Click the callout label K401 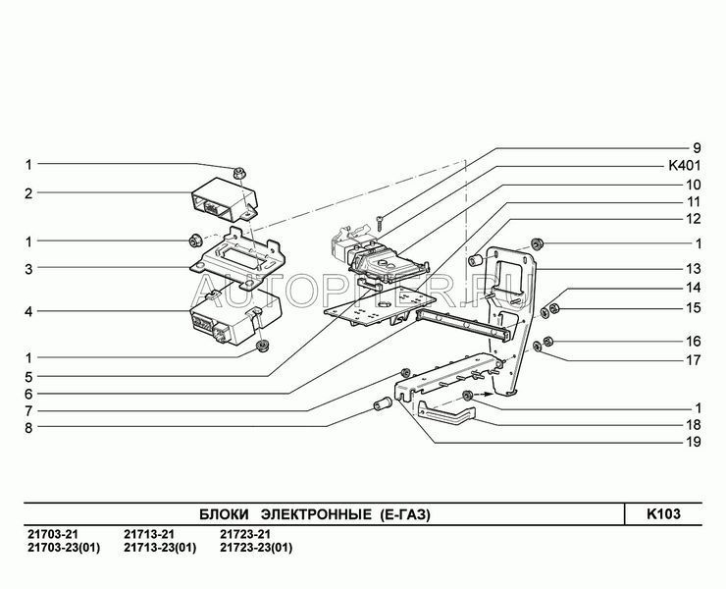(685, 166)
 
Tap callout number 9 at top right (697, 148)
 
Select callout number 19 (693, 442)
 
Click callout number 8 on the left (28, 428)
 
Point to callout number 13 (693, 269)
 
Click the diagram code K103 (663, 514)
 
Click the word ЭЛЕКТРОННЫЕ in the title (316, 514)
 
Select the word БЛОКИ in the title (224, 514)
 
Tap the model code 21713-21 (149, 534)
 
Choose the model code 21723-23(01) (256, 548)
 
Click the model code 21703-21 (53, 534)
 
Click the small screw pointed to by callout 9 (380, 224)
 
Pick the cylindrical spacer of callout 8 (383, 403)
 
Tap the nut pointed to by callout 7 (405, 372)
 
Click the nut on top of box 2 (239, 174)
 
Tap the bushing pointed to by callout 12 (476, 260)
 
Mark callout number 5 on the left (28, 377)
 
